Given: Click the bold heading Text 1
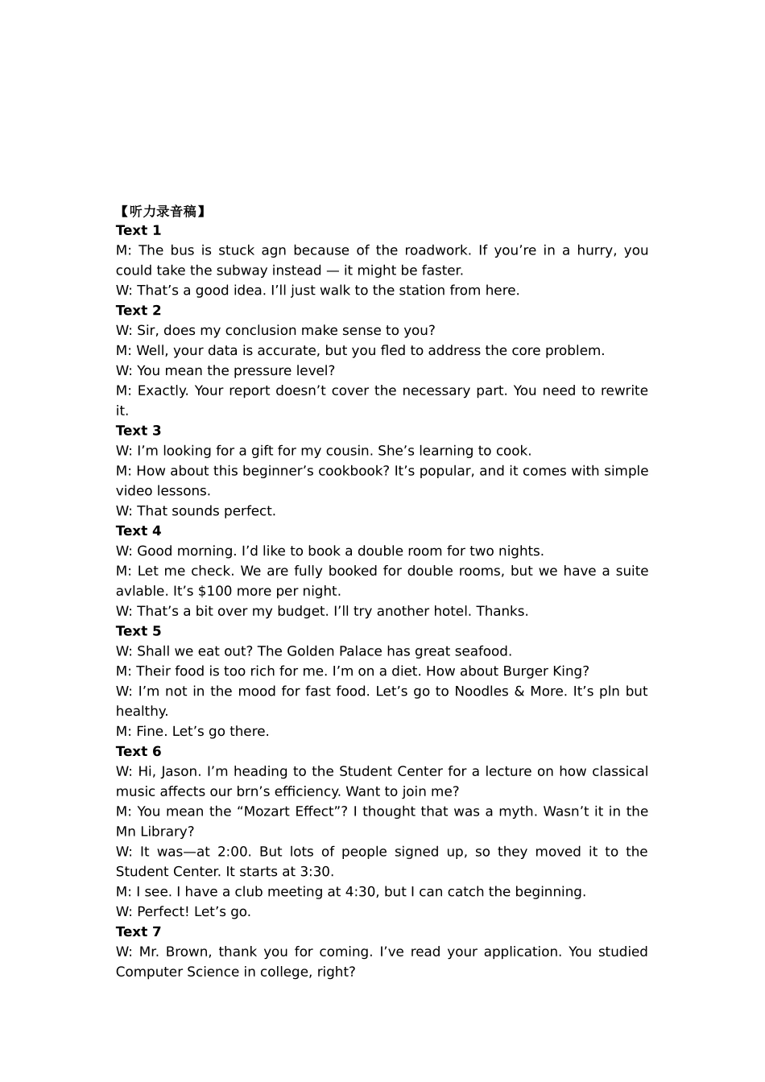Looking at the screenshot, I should [139, 230].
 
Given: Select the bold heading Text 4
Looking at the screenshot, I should [139, 531].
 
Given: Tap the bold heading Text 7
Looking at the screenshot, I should [139, 931].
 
